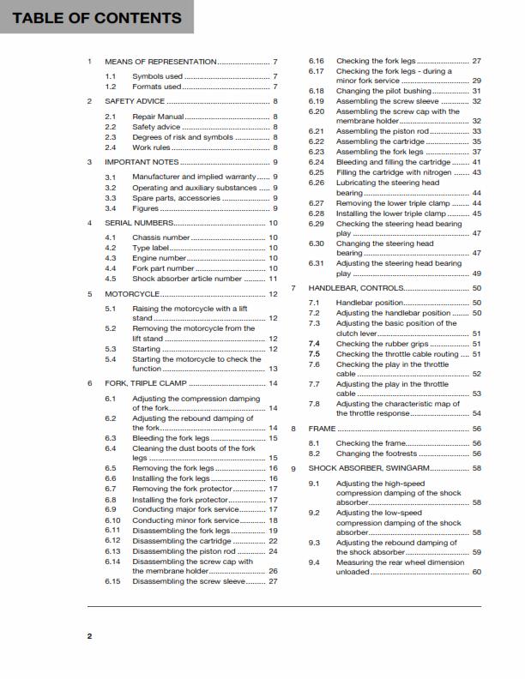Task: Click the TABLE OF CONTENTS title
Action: pos(97,17)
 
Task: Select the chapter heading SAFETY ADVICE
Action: pos(135,101)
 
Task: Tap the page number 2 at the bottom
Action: pos(89,636)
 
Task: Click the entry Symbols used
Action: pos(157,76)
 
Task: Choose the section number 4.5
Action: pos(111,279)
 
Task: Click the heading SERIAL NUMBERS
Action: pos(139,223)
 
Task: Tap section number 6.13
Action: pos(112,551)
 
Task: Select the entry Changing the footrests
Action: pos(377,454)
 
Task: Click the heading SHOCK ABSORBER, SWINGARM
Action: pos(367,469)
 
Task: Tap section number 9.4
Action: pos(314,562)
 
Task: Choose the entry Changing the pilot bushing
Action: pos(383,91)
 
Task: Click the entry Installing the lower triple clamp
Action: pos(391,213)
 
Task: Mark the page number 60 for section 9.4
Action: pos(476,572)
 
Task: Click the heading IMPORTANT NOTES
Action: pos(142,162)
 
